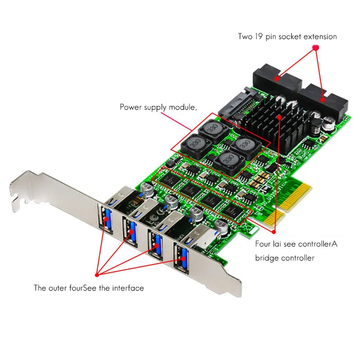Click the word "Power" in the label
point(130,107)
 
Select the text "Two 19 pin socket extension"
point(287,36)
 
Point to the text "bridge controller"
point(285,258)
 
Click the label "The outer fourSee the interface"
point(89,288)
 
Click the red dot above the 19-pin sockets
point(315,47)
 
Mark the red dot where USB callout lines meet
point(96,274)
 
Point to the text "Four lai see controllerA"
point(296,244)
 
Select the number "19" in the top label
point(258,36)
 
